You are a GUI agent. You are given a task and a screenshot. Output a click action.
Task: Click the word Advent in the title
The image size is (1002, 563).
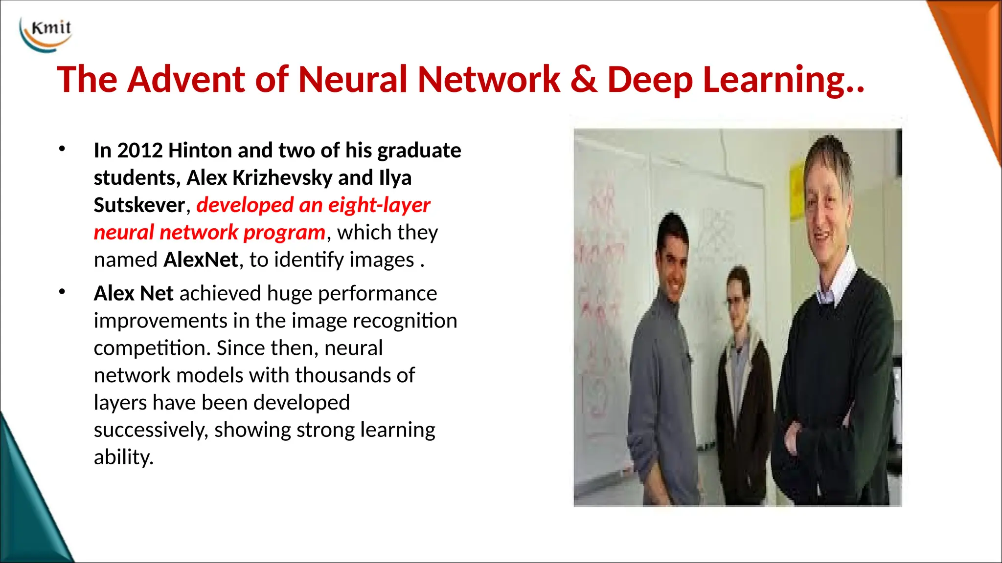[x=186, y=79]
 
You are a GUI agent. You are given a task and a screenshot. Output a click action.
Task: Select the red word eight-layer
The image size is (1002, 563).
[x=379, y=205]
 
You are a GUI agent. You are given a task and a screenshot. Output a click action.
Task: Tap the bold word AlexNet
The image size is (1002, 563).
[x=201, y=260]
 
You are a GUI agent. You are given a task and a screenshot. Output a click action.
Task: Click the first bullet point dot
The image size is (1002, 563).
[x=62, y=149]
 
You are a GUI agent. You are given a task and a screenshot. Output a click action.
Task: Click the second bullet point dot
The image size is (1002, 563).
[x=62, y=292]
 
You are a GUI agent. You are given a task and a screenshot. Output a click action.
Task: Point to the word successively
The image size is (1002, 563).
[x=151, y=431]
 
